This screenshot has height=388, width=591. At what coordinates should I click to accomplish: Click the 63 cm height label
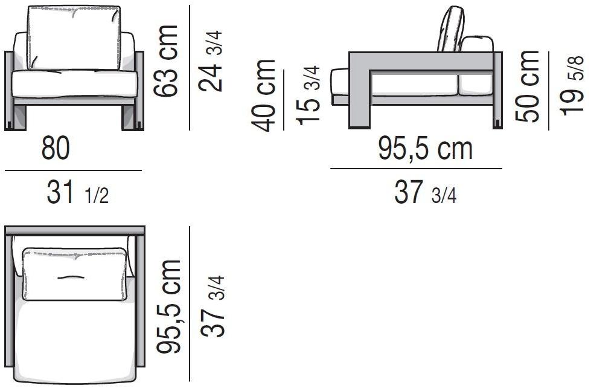coord(165,61)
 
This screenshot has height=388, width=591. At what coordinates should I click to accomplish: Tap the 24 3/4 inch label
coord(210,61)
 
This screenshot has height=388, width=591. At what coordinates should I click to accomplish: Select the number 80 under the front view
coord(56,148)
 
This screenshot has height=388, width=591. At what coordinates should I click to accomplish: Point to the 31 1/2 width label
coord(78,192)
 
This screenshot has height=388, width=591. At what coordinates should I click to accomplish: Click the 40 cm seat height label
coord(263,95)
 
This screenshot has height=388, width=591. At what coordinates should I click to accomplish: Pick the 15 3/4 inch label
coord(308,95)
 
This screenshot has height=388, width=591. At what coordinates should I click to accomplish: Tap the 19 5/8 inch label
coord(572,86)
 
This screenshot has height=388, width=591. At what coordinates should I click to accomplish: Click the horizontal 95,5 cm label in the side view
coord(425,149)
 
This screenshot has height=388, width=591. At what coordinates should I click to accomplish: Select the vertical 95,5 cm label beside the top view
coord(169,307)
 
